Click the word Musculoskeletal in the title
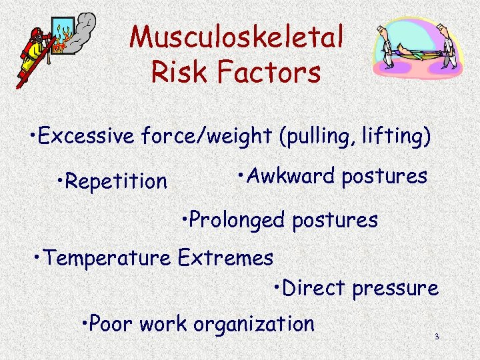click(237, 37)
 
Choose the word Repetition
click(116, 181)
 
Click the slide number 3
click(436, 337)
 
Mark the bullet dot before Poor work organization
click(83, 325)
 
